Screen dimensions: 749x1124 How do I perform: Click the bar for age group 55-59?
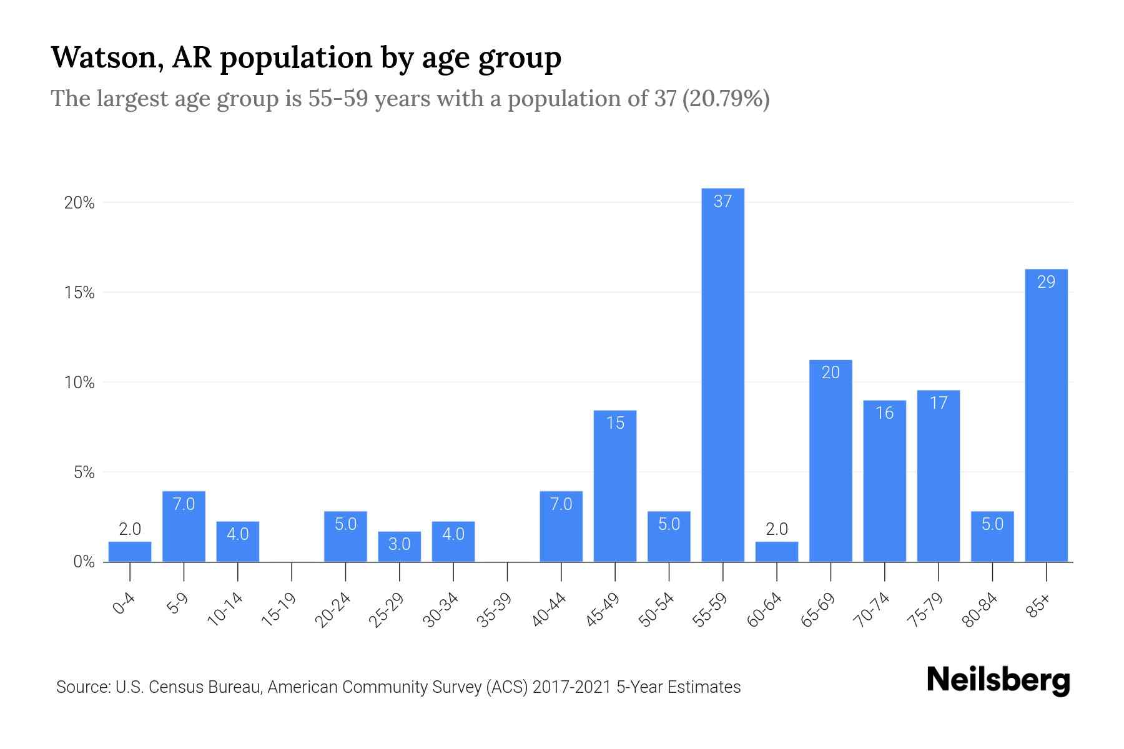(x=722, y=374)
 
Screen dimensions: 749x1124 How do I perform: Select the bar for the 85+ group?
(x=1046, y=415)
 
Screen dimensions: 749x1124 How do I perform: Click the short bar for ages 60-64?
(x=776, y=552)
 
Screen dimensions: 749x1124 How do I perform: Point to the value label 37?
(x=722, y=202)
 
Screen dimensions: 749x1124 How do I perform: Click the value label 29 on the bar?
(x=1046, y=282)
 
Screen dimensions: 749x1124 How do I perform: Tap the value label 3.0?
(x=399, y=544)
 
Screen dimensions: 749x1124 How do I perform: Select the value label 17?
(x=939, y=403)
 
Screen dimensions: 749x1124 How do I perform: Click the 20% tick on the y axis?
(x=79, y=203)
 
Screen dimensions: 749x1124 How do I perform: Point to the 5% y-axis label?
(x=84, y=472)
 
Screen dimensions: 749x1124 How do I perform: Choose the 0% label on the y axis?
(x=84, y=562)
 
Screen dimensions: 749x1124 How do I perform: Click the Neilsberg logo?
(x=998, y=680)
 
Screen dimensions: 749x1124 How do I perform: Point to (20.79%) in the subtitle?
(x=726, y=99)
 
